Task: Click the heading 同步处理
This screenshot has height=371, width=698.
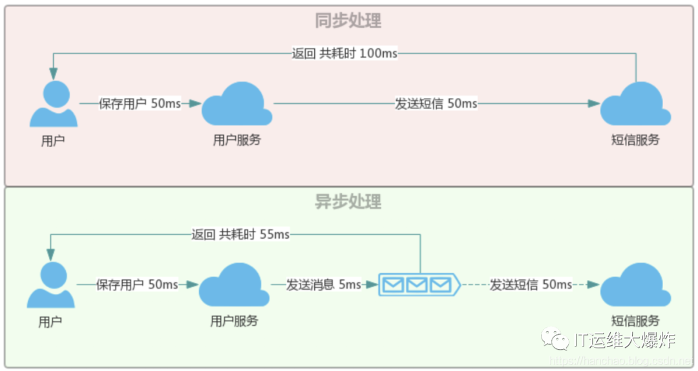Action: [x=348, y=21]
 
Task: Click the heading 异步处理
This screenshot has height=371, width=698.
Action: [x=348, y=201]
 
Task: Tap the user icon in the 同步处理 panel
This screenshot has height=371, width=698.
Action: [x=54, y=105]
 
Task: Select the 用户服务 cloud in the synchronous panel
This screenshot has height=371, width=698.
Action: [x=237, y=105]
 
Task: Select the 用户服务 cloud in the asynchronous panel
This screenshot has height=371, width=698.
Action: [x=234, y=286]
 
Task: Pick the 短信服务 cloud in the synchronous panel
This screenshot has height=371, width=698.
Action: [x=635, y=105]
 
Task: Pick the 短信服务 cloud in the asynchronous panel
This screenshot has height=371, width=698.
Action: [x=635, y=286]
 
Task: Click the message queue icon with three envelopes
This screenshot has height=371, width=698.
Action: [x=418, y=285]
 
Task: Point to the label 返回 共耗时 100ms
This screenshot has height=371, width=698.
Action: [x=344, y=54]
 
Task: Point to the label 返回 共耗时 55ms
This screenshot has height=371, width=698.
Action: [x=240, y=235]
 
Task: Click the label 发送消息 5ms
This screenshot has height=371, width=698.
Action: [x=324, y=285]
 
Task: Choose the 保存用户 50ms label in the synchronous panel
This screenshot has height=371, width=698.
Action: [x=140, y=103]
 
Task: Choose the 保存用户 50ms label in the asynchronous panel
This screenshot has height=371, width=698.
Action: [x=137, y=285]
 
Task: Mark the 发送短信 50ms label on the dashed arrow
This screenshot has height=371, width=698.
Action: [x=531, y=285]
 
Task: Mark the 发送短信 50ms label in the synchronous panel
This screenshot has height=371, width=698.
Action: [x=436, y=103]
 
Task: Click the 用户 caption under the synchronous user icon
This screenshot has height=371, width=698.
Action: [x=53, y=141]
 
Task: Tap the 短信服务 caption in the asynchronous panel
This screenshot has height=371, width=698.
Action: [x=635, y=321]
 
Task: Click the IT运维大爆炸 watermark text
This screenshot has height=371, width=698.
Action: [x=624, y=339]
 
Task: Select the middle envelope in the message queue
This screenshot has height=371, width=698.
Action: [x=417, y=285]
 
